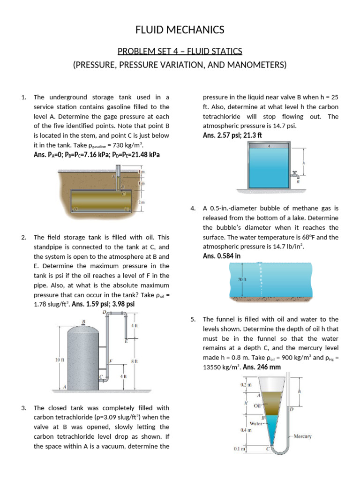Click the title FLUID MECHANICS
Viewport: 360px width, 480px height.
[180, 30]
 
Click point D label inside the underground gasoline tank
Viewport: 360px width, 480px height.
[75, 208]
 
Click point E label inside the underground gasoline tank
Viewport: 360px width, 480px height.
[126, 208]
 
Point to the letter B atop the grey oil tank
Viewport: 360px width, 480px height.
[83, 322]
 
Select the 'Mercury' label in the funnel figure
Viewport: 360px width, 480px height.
[302, 436]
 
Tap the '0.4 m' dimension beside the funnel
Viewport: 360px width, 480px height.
[240, 429]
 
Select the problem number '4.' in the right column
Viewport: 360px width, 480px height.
[193, 208]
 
